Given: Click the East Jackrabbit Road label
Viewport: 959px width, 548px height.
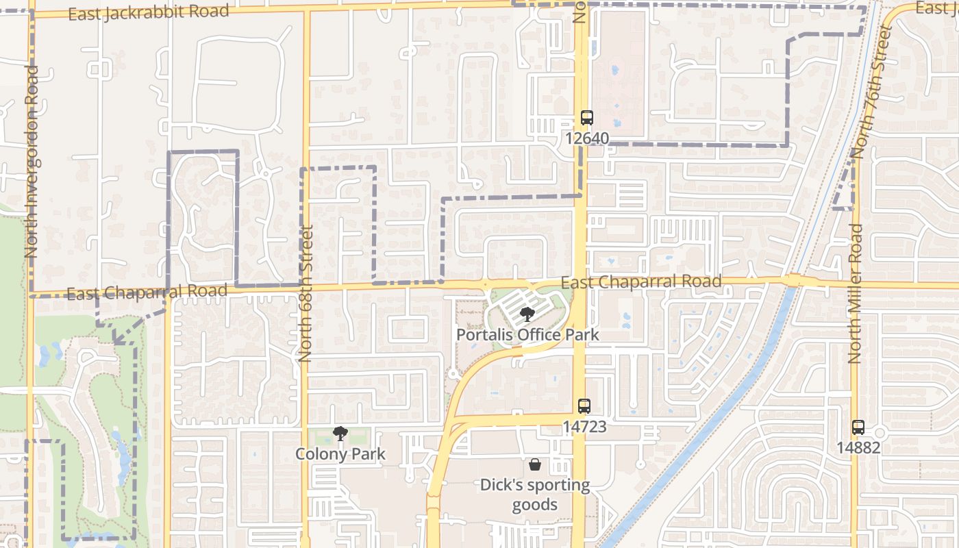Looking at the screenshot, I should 149,12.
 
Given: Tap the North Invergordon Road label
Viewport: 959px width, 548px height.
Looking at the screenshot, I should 31,162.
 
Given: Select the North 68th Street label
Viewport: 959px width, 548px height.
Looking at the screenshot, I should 306,293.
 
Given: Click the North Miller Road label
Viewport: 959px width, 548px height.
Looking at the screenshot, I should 855,293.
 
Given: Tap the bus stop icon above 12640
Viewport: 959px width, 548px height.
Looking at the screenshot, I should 586,118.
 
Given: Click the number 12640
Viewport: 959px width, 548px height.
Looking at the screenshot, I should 586,138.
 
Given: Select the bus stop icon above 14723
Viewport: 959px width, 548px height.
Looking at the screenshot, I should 584,406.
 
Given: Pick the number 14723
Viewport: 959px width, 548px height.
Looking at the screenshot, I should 584,427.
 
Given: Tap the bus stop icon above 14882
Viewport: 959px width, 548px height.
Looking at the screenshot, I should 858,427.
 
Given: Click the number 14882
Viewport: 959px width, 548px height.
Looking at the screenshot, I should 858,448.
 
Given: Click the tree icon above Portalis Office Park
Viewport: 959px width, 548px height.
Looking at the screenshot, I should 527,314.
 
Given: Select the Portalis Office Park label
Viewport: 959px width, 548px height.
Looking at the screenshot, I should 527,335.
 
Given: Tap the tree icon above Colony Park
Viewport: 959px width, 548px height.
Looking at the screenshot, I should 340,433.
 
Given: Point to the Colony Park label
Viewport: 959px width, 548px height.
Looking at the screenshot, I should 340,453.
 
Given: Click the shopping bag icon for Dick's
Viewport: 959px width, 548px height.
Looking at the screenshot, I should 535,464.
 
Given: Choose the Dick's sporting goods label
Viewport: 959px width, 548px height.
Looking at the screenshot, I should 535,495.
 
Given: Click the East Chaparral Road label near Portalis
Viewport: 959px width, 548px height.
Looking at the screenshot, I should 640,282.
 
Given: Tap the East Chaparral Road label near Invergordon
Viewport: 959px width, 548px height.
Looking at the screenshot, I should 147,292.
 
